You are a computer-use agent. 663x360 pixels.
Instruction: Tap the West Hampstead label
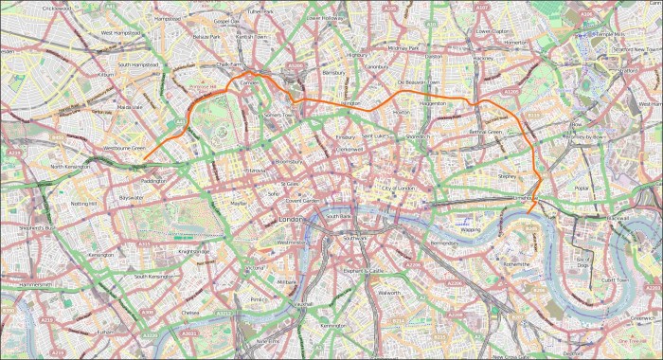120,33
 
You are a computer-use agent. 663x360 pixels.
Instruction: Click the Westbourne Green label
123,148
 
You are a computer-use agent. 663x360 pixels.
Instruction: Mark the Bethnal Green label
485,132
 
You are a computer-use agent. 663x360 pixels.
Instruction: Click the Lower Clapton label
493,30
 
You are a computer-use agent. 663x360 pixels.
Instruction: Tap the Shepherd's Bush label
25,228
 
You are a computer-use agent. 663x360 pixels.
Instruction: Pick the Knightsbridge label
187,251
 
